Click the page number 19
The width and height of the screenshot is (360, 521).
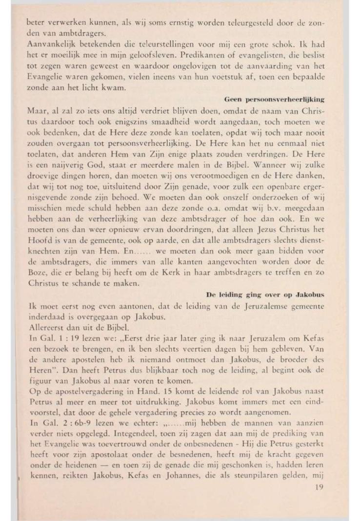(x=320, y=486)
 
